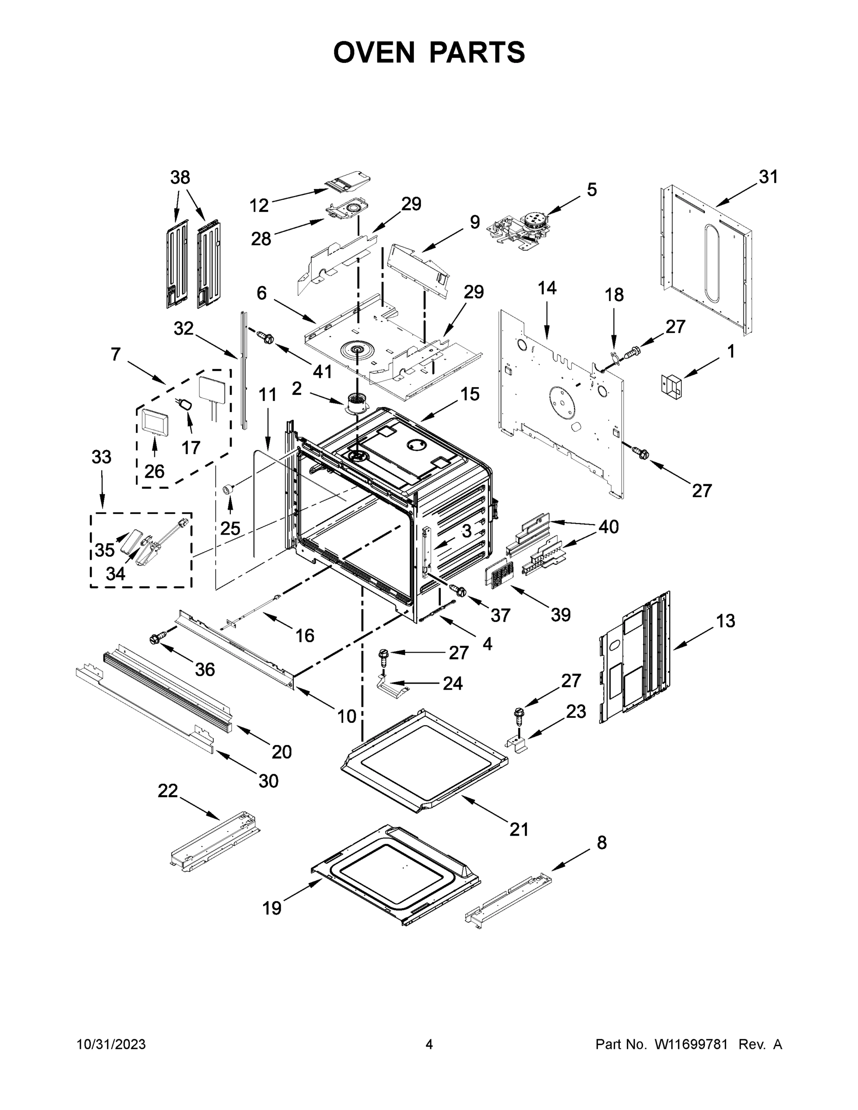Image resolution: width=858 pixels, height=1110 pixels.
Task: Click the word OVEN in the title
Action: pyautogui.click(x=374, y=52)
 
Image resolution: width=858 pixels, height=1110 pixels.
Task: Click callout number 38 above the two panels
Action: pyautogui.click(x=180, y=178)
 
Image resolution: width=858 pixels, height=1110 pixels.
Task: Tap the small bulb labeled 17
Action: pyautogui.click(x=185, y=405)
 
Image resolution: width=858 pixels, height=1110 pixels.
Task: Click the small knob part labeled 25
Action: pyautogui.click(x=228, y=489)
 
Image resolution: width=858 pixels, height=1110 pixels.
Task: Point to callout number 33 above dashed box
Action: pyautogui.click(x=102, y=457)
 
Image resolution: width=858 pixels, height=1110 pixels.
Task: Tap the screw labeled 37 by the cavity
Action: pyautogui.click(x=458, y=590)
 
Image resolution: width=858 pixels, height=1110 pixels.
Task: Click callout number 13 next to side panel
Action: pyautogui.click(x=725, y=621)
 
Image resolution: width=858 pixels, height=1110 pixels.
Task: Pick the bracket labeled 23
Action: pyautogui.click(x=518, y=743)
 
